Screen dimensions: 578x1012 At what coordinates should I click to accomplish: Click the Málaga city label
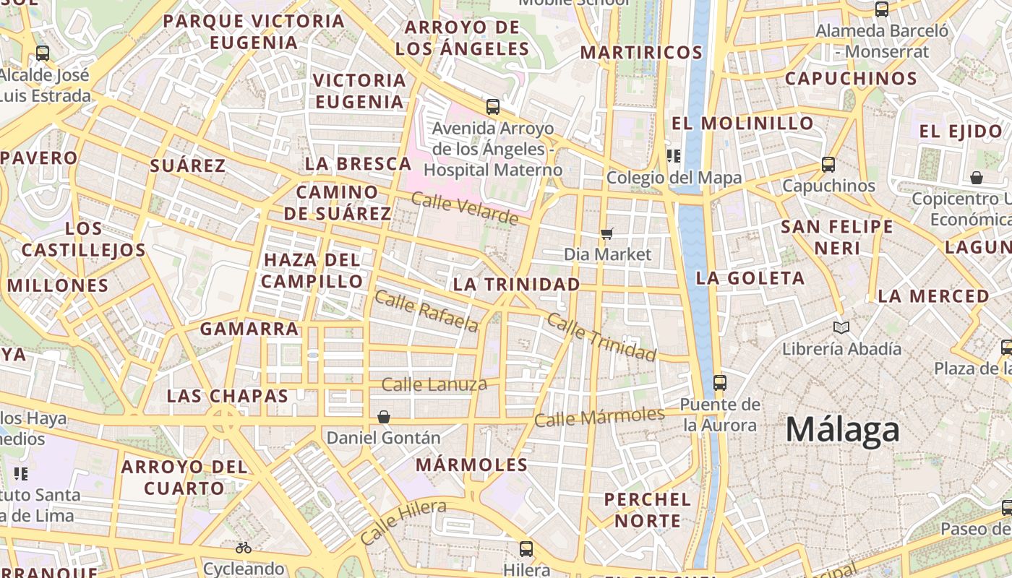842,430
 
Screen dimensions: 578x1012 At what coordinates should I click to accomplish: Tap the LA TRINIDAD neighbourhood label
516,285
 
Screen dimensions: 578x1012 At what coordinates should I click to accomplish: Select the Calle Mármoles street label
599,417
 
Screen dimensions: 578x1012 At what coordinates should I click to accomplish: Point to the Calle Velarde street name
465,208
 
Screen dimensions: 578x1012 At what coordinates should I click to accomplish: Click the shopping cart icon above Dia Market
607,233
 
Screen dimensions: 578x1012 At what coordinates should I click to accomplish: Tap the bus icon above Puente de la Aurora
719,382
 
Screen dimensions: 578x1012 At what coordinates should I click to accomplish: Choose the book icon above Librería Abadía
841,327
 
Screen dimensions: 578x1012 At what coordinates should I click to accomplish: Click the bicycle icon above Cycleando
244,548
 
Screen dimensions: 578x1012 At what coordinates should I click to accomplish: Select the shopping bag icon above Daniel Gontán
384,417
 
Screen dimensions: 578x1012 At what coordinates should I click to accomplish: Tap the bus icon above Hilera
526,548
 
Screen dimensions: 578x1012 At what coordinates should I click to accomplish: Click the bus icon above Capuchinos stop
828,165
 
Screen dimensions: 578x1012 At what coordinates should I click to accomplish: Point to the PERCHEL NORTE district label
647,509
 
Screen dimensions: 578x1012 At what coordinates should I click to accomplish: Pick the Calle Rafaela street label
426,311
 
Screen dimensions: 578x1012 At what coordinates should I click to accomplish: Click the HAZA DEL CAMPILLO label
312,270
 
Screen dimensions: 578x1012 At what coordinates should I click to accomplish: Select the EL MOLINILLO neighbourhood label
742,124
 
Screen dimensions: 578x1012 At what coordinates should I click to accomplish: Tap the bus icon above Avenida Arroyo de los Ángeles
493,107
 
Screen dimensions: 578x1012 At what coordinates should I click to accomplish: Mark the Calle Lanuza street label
434,384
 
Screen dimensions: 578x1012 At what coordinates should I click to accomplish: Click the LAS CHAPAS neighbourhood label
227,396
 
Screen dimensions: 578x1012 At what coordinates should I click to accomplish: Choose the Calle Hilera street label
403,522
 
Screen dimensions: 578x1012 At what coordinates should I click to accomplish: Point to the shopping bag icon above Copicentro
977,178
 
